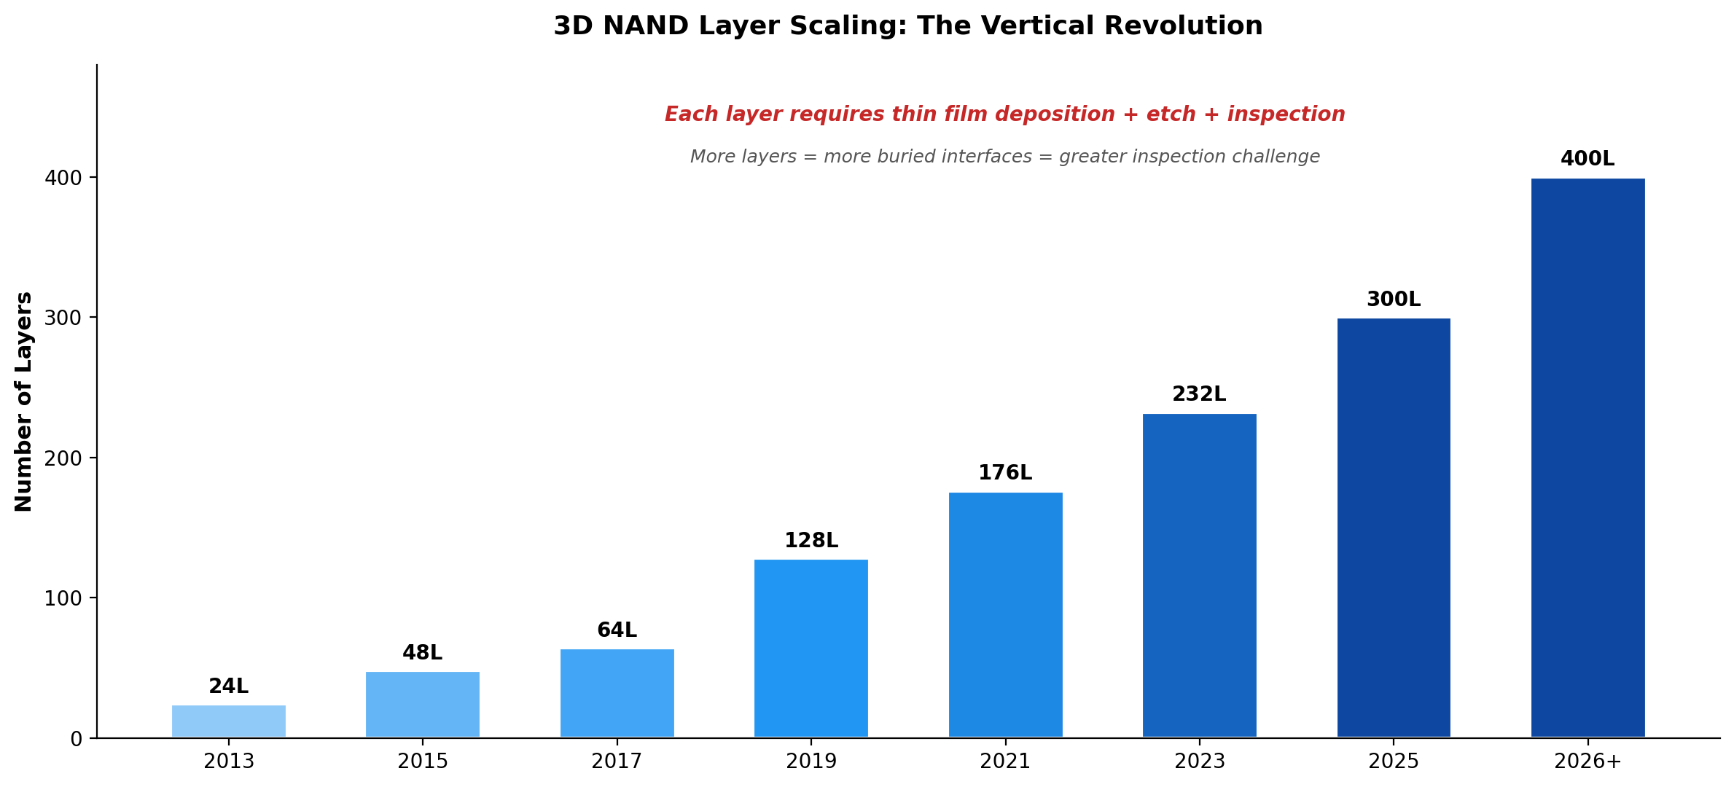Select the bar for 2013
(229, 721)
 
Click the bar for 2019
(811, 649)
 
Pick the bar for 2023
(1199, 576)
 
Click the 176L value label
(1004, 473)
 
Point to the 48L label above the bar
(422, 653)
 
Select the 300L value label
(1393, 299)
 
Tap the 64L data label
(617, 630)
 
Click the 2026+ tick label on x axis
(1587, 761)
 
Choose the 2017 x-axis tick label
(617, 761)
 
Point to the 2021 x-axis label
(1004, 761)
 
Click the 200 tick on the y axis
(63, 458)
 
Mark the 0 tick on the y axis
(77, 739)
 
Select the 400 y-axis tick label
(63, 178)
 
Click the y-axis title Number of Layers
(24, 402)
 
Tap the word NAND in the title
(646, 26)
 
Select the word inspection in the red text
(1286, 115)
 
